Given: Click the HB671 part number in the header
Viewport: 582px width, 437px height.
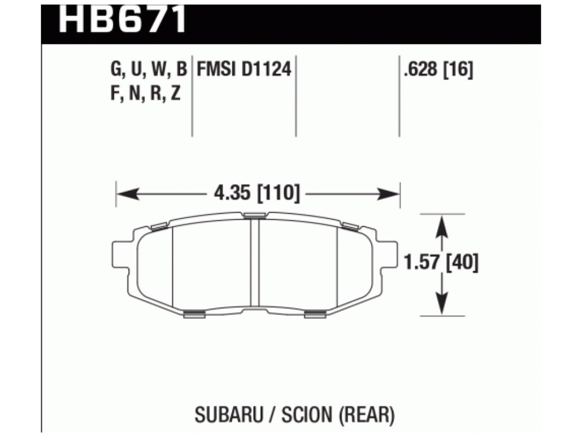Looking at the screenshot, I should coord(122,18).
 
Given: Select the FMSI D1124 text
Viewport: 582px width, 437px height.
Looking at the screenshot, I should coord(243,70).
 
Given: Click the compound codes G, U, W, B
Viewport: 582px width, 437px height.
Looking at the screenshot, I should coord(148,70).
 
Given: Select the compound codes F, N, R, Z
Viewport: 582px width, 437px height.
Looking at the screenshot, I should coord(145,94).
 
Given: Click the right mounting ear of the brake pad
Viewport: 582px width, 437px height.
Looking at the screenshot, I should coord(388,257).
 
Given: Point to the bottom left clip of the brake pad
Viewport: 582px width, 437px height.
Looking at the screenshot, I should coord(193,314).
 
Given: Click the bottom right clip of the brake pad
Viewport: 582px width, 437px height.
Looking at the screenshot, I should coord(315,314).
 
